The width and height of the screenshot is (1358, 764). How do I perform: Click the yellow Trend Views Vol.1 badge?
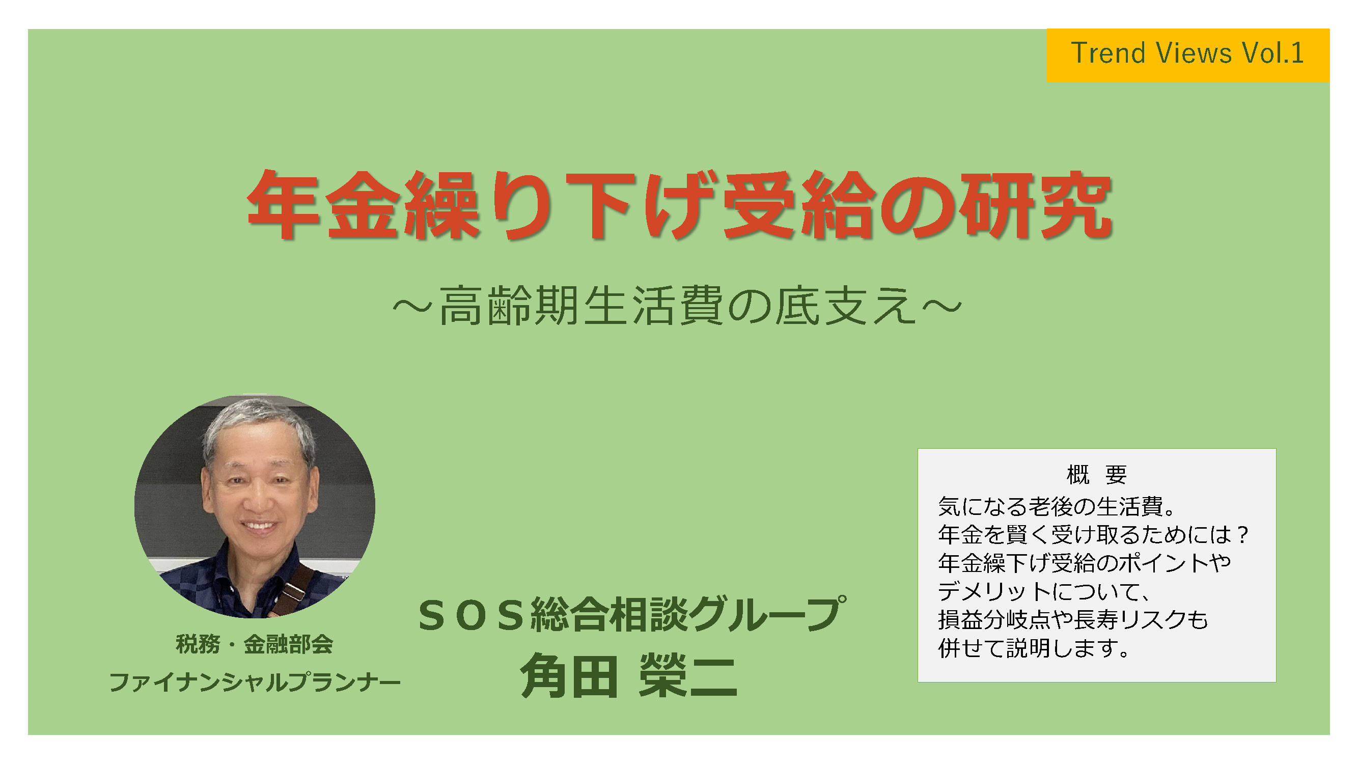click(1187, 56)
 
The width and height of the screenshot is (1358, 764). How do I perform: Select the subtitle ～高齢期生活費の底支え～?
click(678, 306)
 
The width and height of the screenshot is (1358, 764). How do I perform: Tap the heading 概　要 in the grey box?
click(1096, 475)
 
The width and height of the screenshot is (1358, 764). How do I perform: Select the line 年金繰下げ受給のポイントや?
click(1085, 563)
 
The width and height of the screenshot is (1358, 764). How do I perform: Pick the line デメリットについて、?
click(1044, 591)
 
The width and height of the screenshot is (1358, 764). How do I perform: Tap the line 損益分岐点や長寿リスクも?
click(1073, 620)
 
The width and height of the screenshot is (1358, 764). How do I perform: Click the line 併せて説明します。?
click(1033, 648)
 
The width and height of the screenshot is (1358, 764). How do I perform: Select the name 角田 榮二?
click(628, 676)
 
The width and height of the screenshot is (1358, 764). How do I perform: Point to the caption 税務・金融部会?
click(254, 644)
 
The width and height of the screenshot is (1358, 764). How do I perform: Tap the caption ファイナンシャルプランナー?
click(254, 683)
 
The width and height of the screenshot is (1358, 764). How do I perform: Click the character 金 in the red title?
click(361, 205)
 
